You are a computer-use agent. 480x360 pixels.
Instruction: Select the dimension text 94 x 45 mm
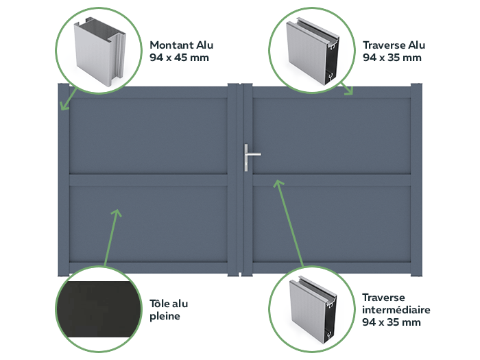179,58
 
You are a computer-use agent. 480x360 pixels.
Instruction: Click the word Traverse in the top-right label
383,45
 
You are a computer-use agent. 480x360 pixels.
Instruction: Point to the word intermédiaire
396,309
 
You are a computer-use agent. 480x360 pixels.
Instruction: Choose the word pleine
165,316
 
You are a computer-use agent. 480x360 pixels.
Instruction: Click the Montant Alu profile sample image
100,51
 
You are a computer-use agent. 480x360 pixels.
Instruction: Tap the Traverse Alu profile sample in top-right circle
313,51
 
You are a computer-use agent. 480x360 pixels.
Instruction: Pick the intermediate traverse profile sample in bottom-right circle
313,310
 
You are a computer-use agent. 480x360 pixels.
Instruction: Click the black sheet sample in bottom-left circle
98,309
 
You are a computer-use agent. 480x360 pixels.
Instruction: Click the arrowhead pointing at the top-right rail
348,91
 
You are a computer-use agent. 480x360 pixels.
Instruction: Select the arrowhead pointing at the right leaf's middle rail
278,183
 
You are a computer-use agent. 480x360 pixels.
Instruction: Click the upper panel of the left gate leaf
148,136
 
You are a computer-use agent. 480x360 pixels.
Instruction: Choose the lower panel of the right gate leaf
332,224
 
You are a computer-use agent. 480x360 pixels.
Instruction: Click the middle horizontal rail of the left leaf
148,180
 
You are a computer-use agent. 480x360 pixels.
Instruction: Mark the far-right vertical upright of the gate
417,180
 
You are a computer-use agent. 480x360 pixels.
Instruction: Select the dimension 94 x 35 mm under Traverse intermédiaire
392,322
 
